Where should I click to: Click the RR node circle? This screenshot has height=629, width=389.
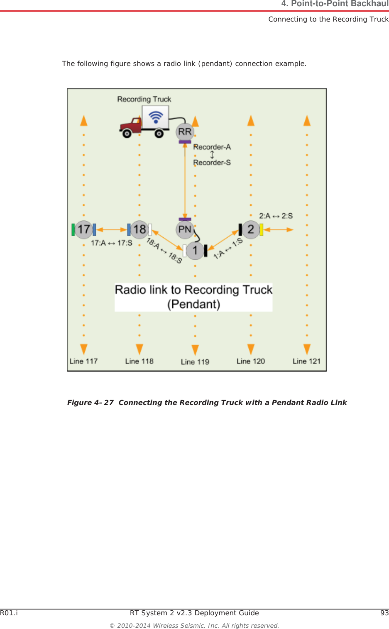185,132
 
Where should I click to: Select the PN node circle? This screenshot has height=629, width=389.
185,229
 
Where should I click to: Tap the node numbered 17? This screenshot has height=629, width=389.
84,229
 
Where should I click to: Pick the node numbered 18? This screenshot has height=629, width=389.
139,229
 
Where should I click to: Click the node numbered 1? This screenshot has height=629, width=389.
195,251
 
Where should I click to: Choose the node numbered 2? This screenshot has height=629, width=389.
251,229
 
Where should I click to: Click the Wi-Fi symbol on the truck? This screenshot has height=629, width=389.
156,117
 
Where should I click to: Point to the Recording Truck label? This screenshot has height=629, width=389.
144,99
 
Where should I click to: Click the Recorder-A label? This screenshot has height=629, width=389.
212,147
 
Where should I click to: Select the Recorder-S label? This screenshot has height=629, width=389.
212,163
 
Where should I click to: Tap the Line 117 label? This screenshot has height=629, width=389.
83,361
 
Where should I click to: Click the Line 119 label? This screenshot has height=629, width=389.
195,362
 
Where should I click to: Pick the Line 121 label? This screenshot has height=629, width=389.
306,361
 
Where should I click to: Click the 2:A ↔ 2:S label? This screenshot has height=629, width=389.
276,216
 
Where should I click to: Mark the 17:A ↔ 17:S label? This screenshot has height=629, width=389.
111,243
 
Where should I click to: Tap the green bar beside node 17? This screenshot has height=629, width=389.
73,229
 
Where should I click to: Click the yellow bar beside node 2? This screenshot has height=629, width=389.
261,229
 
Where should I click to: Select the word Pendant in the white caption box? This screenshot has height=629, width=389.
193,304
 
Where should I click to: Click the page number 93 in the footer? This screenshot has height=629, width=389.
384,613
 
